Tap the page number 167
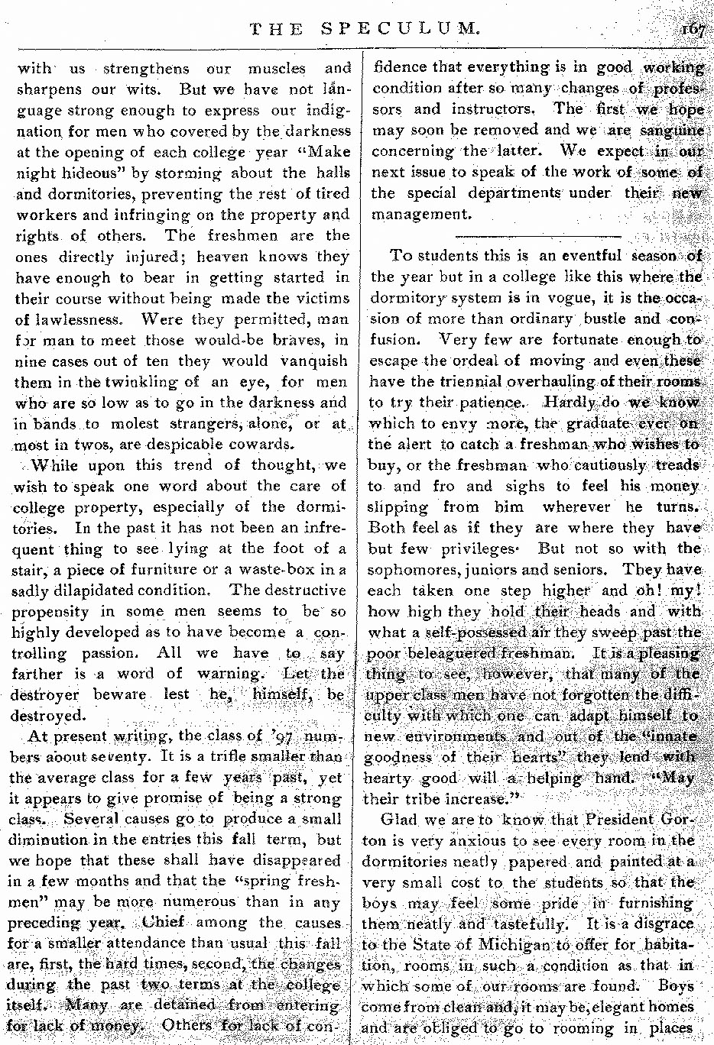pyautogui.click(x=693, y=29)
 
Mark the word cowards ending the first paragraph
pyautogui.click(x=253, y=444)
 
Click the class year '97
pyautogui.click(x=283, y=736)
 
